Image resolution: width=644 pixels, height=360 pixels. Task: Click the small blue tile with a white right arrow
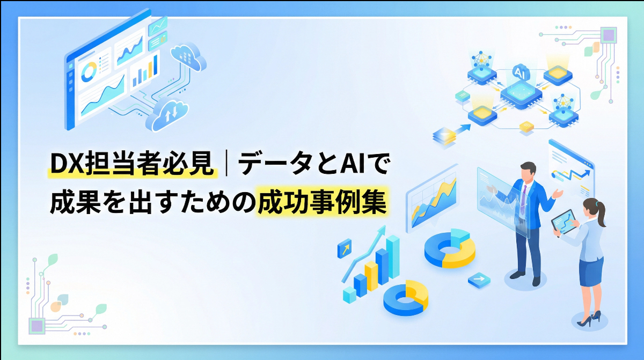(479, 280)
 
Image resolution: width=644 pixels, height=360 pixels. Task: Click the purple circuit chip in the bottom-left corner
(36, 325)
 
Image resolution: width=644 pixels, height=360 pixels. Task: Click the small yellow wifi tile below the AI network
(526, 126)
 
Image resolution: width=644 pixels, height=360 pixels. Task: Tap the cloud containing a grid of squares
(187, 55)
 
